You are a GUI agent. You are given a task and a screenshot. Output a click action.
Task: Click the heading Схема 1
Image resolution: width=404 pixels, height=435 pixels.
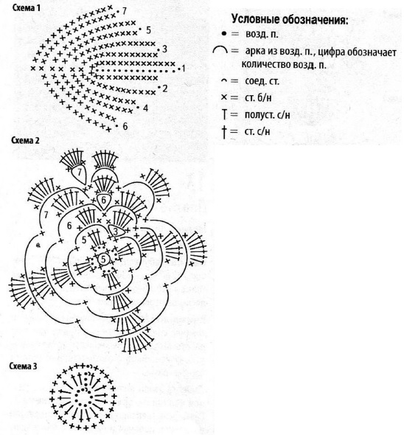[x=26, y=8]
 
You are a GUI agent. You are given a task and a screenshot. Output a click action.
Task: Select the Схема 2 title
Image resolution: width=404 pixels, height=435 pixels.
[x=25, y=140]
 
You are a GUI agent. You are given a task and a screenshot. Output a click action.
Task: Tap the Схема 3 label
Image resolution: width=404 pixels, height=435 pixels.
[x=23, y=366]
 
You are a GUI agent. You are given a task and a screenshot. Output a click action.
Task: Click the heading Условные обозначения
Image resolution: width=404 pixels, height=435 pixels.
[x=290, y=20]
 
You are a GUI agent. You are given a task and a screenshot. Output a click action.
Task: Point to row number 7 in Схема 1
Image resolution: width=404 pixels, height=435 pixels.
[x=124, y=11]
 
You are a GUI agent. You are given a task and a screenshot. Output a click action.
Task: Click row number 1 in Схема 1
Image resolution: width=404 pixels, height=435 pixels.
[x=183, y=69]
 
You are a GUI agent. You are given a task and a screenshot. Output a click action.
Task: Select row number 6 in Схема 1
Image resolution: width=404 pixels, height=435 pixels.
[x=125, y=127]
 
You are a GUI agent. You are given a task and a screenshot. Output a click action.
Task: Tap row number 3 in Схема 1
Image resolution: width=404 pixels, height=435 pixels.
[x=164, y=49]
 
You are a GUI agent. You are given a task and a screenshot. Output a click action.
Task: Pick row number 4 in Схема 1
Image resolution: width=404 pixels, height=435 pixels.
[x=146, y=108]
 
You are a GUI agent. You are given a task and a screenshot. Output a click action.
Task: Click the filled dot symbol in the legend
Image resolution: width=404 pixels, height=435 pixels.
[x=224, y=34]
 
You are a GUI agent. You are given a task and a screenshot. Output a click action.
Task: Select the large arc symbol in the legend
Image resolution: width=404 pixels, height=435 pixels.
[x=220, y=50]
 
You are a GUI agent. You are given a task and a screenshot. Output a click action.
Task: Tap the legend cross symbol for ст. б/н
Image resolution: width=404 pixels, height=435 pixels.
[x=224, y=97]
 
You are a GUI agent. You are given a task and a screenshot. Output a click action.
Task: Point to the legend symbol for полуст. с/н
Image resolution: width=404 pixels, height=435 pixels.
[x=224, y=114]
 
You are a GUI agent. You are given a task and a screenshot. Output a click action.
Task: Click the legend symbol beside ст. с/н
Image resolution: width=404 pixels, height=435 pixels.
[x=224, y=132]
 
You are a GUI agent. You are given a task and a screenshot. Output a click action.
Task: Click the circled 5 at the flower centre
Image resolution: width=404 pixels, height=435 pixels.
[x=103, y=260]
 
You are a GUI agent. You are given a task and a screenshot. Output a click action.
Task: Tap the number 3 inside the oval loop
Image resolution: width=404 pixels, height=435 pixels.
[x=116, y=231]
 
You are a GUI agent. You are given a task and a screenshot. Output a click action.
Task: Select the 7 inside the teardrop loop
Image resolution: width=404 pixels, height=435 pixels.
[x=80, y=173]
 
